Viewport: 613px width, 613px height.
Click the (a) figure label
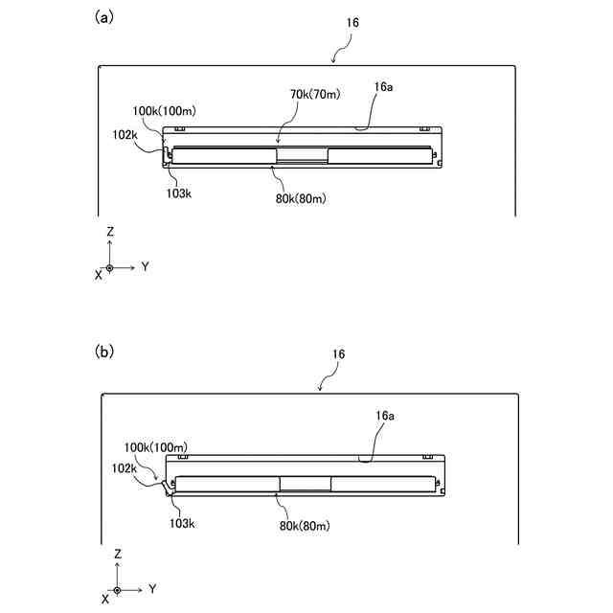tap(104, 16)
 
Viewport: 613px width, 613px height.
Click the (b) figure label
tap(104, 351)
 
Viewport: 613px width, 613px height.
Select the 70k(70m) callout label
tap(312, 94)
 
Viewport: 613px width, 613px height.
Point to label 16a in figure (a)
tap(382, 87)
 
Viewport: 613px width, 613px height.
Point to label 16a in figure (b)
tap(382, 418)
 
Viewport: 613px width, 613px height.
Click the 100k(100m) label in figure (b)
tap(155, 447)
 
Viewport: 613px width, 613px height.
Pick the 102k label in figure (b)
tap(125, 468)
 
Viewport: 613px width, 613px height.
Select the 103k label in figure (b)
tap(182, 524)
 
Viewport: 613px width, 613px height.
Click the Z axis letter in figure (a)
tap(111, 232)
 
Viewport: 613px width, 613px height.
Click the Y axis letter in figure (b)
tap(152, 587)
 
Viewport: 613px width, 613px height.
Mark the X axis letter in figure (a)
tap(98, 275)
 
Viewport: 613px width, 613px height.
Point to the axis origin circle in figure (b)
tap(117, 590)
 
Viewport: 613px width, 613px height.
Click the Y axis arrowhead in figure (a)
tap(133, 267)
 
